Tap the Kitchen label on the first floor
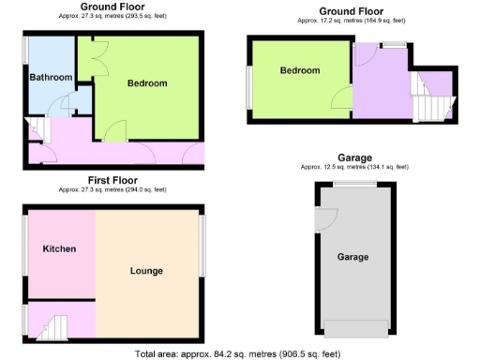pyautogui.click(x=59, y=248)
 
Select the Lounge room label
pyautogui.click(x=147, y=271)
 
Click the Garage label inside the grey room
pyautogui.click(x=353, y=256)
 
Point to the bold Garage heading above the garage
pyautogui.click(x=353, y=157)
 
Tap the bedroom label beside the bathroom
pyautogui.click(x=147, y=83)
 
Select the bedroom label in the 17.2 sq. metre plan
pyautogui.click(x=300, y=71)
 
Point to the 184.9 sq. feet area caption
pyautogui.click(x=353, y=20)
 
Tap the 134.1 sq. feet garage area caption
pyautogui.click(x=353, y=168)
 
